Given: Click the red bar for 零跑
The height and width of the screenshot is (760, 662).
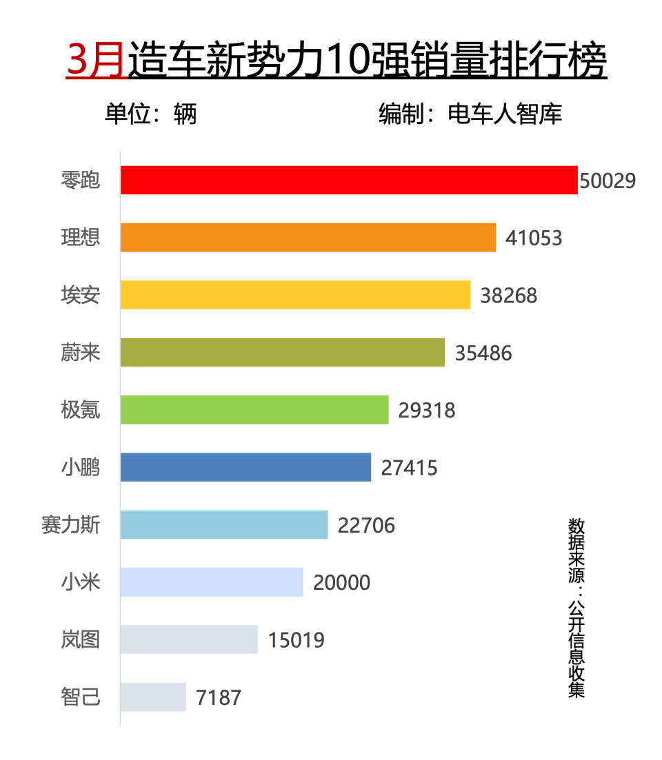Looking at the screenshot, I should coord(349,180).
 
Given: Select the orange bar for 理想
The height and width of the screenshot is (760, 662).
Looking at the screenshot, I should coord(308,237).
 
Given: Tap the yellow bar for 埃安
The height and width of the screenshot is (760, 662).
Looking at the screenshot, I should coord(295,295).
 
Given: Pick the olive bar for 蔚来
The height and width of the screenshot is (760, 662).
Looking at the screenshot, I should coord(283,352).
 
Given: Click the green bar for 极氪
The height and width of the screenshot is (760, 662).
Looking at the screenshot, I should coord(254,410).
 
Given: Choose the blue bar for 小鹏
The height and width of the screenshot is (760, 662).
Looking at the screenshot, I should coord(245,467).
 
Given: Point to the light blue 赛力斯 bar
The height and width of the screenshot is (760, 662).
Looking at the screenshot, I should coord(224,525).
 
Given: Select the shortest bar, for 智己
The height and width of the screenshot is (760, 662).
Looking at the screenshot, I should coord(153,697).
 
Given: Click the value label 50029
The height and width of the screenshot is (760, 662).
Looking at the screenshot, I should coord(608,181).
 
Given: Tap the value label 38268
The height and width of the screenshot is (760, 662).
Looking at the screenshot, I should coord(508,296).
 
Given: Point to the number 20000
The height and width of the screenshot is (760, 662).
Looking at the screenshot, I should coord(341,583).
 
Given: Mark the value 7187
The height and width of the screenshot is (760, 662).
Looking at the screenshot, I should coord(219,698).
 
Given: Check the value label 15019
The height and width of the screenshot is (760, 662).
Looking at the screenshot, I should coord(296,640).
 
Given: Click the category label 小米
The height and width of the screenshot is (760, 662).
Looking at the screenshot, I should coord(81,582).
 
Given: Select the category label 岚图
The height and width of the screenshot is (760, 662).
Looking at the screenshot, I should coord(81,640).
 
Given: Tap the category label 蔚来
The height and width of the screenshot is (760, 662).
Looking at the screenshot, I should coord(81,353).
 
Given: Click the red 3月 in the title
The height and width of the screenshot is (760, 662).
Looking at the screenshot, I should coord(96,61).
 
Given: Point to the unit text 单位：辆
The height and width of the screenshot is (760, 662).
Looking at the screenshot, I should coord(150,114).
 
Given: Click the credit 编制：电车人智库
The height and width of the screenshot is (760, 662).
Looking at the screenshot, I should coord(470,114).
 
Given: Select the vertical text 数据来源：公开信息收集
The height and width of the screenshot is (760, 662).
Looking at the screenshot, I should coord(576,608).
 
